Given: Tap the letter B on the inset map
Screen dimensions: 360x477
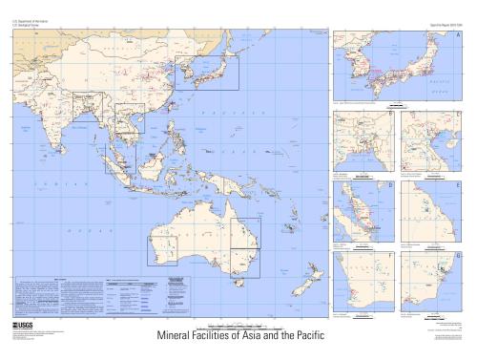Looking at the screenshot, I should pos(390,115).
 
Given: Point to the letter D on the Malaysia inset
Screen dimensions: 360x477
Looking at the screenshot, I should pos(390,183).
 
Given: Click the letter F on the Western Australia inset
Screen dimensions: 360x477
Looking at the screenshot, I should pos(390,255).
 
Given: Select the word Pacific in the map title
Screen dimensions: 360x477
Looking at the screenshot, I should pos(297,337).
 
